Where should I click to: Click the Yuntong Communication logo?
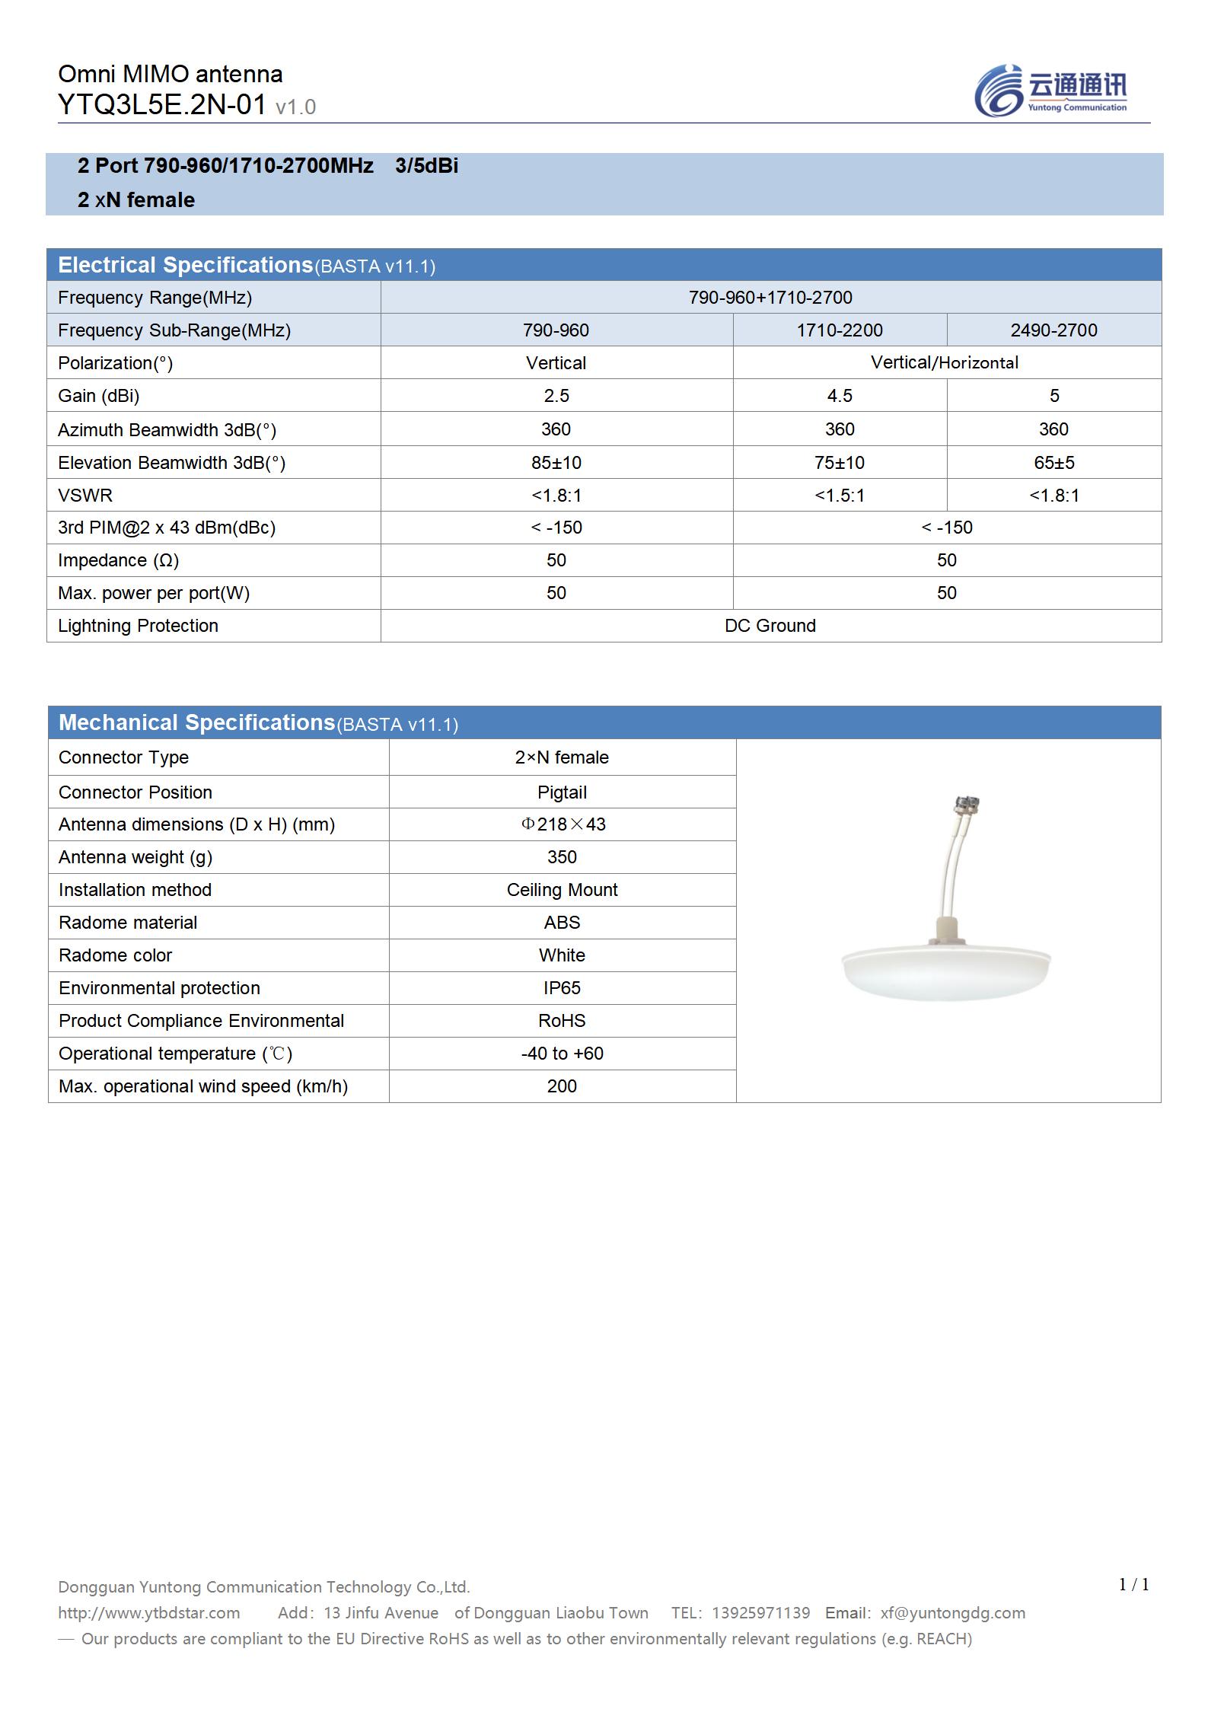pos(1050,91)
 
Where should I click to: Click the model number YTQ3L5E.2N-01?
pos(162,105)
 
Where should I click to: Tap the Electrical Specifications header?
pos(185,265)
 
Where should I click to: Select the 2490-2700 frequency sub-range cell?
pos(1053,330)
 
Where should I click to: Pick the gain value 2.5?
pos(556,396)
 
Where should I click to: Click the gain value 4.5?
pos(840,396)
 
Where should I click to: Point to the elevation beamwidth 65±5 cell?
pos(1053,462)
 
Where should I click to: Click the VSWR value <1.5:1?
pos(840,496)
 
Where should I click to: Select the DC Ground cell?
pos(770,626)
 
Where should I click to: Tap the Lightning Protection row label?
pos(138,626)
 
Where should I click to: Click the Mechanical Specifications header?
pos(196,722)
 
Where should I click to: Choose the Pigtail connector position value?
pos(562,792)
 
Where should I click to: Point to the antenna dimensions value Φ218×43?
pos(563,824)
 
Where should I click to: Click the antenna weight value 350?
pos(562,857)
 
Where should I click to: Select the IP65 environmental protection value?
pos(562,988)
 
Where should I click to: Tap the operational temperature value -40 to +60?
pos(562,1054)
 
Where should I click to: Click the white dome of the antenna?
pos(946,974)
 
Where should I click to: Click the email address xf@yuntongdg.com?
pos(952,1613)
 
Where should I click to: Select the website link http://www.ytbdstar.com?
pos(149,1613)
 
